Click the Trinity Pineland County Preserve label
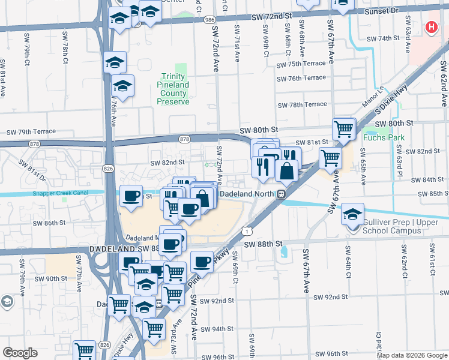tap(173, 89)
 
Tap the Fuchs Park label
tap(384, 137)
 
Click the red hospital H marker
tap(431, 27)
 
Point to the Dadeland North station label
tap(247, 194)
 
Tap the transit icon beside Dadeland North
tap(280, 194)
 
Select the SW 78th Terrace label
tap(302, 104)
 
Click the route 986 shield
tap(209, 20)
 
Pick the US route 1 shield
tap(247, 230)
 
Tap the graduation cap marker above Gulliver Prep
tap(352, 213)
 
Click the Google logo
tap(20, 353)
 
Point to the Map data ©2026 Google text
tap(412, 355)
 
